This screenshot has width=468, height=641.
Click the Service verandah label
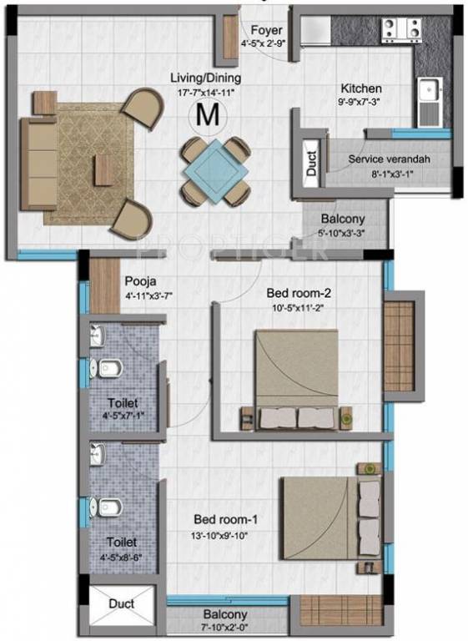click(383, 158)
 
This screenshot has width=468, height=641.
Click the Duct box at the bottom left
click(123, 605)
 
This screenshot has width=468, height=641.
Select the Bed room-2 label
click(299, 293)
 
